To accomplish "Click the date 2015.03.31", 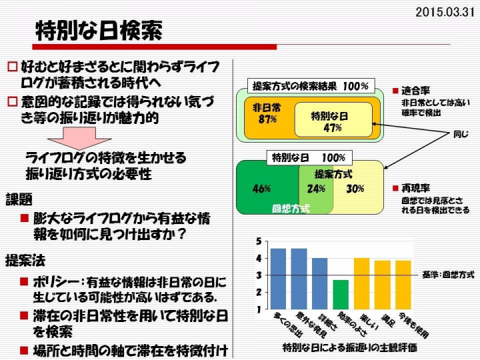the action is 445,12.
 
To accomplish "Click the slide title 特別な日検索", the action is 99,31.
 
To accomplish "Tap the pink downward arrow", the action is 79,138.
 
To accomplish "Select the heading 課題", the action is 19,199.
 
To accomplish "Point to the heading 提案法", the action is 25,261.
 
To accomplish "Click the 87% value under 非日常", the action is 267,119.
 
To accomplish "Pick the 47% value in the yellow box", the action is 333,127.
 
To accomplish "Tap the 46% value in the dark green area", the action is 261,189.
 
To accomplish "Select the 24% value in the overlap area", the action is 316,189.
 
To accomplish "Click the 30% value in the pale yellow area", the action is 355,189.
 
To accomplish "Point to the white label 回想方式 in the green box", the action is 291,209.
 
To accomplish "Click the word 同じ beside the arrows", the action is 461,134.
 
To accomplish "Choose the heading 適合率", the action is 415,91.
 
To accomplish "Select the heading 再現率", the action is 415,188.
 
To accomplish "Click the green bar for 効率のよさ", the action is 341,295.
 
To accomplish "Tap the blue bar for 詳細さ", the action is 319,283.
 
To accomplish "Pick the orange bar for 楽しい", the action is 361,283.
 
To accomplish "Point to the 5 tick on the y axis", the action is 259,241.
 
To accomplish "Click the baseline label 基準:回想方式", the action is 449,275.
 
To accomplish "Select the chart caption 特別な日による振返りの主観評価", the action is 349,347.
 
